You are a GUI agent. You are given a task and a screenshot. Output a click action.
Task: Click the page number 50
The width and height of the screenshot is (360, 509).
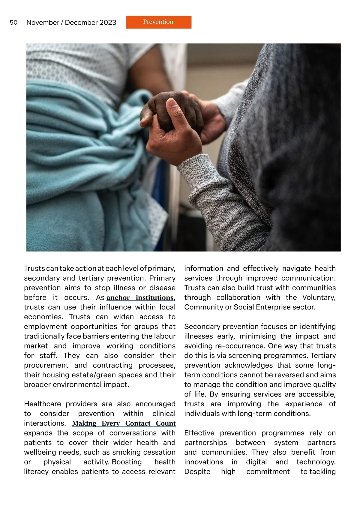click(x=13, y=23)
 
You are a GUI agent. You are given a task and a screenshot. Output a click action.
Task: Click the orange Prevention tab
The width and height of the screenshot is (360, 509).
click(x=158, y=22)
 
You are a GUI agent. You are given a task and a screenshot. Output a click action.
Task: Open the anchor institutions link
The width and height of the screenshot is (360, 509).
click(x=140, y=297)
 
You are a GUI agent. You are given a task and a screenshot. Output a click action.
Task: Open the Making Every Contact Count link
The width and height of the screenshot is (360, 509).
click(x=124, y=423)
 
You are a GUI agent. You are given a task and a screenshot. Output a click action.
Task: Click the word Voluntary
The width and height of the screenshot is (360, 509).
click(x=319, y=297)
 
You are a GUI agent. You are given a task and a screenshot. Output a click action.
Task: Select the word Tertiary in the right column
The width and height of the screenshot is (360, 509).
click(x=323, y=355)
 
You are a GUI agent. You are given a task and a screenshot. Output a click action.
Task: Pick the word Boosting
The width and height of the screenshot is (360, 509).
click(x=127, y=462)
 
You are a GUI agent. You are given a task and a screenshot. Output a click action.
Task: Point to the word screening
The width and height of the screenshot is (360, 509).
click(x=245, y=355)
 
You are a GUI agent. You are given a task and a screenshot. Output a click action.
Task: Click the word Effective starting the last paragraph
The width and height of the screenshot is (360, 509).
click(x=199, y=433)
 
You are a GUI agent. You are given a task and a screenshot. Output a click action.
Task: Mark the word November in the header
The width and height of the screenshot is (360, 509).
click(x=43, y=23)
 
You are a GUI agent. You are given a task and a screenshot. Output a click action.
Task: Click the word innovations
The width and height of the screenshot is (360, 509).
click(x=203, y=462)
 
